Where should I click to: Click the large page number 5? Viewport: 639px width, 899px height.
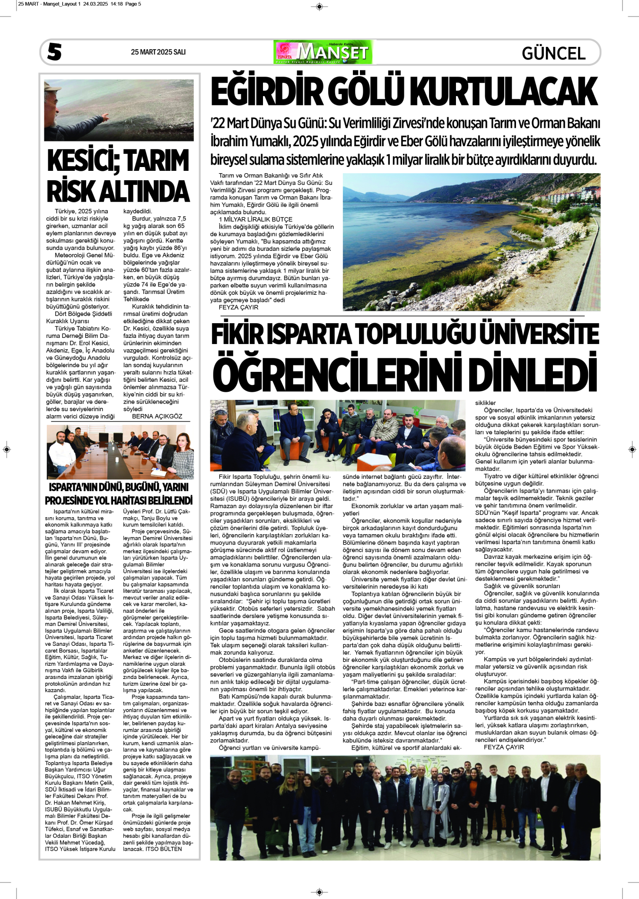pyautogui.click(x=54, y=52)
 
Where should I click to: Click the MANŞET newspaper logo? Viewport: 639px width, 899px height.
pyautogui.click(x=323, y=52)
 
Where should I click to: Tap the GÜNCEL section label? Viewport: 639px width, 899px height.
pyautogui.click(x=553, y=53)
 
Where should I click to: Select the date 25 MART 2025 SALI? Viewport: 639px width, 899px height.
pyautogui.click(x=158, y=52)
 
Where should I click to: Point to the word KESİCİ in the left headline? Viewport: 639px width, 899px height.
pyautogui.click(x=82, y=161)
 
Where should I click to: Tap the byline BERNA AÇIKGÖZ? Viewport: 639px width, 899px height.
pyautogui.click(x=157, y=416)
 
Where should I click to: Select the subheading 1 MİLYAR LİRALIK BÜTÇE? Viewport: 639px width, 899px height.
pyautogui.click(x=255, y=220)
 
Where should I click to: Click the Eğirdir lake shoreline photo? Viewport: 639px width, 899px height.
pyautogui.click(x=471, y=242)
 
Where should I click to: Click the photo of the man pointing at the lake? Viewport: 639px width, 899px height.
pyautogui.click(x=119, y=110)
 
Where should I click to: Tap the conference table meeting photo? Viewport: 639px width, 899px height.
pyautogui.click(x=120, y=452)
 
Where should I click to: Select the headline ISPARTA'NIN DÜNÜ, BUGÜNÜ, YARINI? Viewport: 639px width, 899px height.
pyautogui.click(x=119, y=487)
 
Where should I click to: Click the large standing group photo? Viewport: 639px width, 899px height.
pyautogui.click(x=405, y=807)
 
